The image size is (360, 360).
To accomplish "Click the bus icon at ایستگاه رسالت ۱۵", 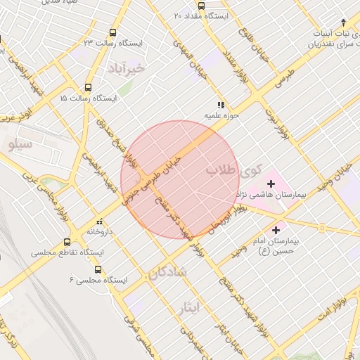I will (87, 88).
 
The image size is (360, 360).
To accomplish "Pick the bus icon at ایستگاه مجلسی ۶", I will (98, 269).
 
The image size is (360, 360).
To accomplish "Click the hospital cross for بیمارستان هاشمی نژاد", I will (271, 184).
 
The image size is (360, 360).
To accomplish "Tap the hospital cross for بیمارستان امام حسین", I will (276, 229).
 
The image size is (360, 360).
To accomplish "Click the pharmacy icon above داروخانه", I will (100, 219).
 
